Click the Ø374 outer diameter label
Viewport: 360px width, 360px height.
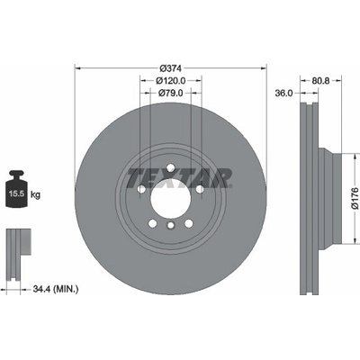click(170, 68)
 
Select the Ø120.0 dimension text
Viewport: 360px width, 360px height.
click(171, 80)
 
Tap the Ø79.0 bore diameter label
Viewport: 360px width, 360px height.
click(170, 93)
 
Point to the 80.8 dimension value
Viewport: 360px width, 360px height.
click(320, 80)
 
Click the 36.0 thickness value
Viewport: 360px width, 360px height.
click(283, 93)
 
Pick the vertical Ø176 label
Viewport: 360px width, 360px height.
click(355, 198)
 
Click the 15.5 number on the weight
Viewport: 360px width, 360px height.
click(16, 193)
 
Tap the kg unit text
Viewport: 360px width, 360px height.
click(35, 195)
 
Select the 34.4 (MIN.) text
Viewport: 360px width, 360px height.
click(56, 289)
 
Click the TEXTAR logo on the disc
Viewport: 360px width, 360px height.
click(179, 178)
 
